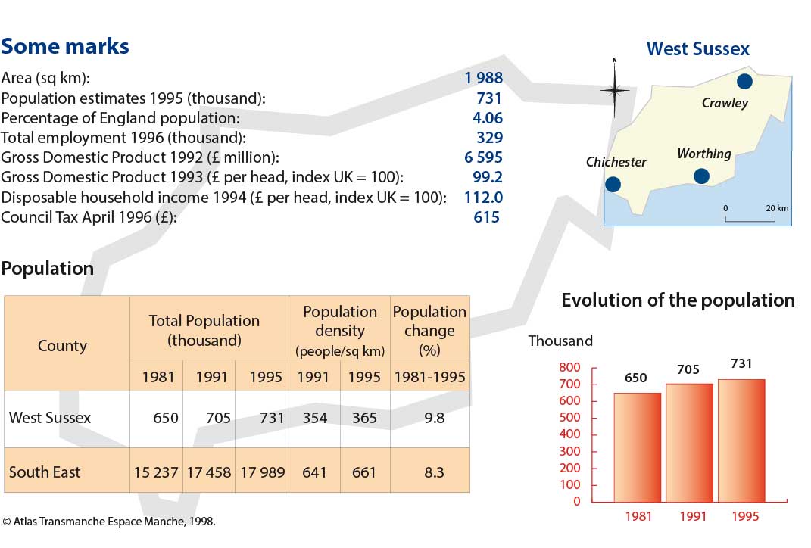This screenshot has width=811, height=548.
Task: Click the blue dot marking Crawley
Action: [x=744, y=81]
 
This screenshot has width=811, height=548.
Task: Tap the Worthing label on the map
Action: [x=704, y=154]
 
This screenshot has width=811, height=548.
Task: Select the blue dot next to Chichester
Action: [x=613, y=184]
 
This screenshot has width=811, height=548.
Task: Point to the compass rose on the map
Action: [x=614, y=91]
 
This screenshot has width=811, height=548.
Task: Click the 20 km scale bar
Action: [x=750, y=220]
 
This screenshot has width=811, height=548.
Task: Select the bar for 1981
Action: [x=638, y=447]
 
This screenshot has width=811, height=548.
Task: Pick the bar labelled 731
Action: [x=741, y=441]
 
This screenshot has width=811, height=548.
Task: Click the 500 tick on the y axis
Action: [x=569, y=418]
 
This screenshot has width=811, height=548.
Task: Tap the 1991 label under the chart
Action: [x=693, y=516]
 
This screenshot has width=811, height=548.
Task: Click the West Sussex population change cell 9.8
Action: [x=434, y=418]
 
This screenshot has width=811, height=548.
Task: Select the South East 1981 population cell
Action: [x=156, y=472]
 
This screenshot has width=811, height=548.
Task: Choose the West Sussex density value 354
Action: [x=314, y=418]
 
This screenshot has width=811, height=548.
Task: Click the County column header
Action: [x=62, y=345]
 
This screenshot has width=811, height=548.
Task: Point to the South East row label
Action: [x=45, y=472]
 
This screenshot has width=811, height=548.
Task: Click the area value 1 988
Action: [x=484, y=77]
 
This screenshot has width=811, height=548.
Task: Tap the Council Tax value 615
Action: [x=486, y=217]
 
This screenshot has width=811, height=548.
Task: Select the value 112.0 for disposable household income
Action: [x=484, y=197]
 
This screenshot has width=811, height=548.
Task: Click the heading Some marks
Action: [x=64, y=46]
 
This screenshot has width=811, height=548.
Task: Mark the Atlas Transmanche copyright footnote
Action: [x=108, y=521]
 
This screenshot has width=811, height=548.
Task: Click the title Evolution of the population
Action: [x=678, y=300]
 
